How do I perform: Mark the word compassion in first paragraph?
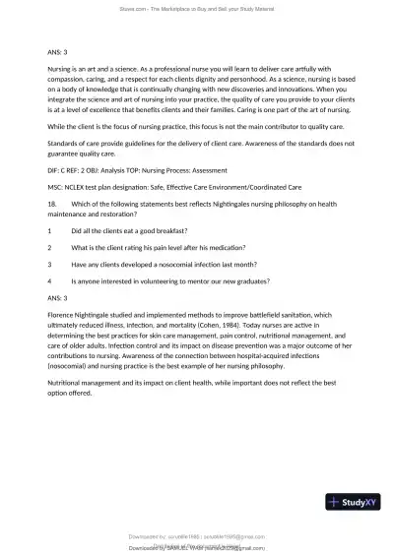[x=69, y=79]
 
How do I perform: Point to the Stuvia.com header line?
[x=197, y=7]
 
